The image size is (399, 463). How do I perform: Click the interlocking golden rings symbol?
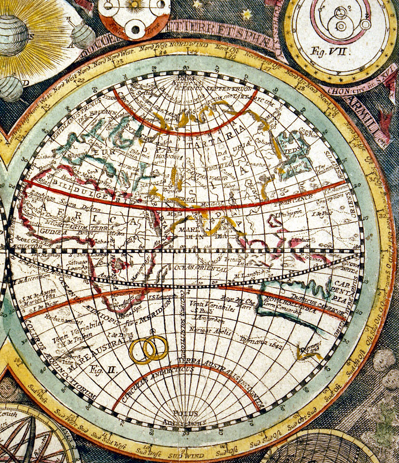tap(149, 349)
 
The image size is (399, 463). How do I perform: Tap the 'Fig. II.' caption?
tap(102, 369)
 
